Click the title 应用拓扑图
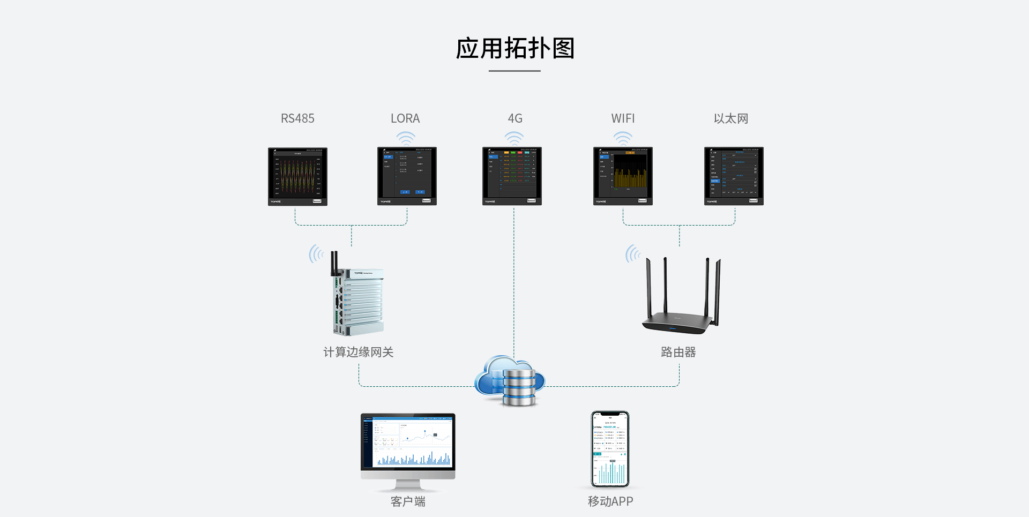pyautogui.click(x=514, y=48)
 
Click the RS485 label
pyautogui.click(x=297, y=118)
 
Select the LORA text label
pyautogui.click(x=405, y=118)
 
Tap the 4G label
pyautogui.click(x=514, y=118)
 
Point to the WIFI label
pyautogui.click(x=623, y=118)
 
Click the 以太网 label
pyautogui.click(x=730, y=118)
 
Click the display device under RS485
pyautogui.click(x=297, y=176)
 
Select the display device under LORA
pyautogui.click(x=407, y=176)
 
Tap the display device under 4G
pyautogui.click(x=512, y=176)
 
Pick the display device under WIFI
pyautogui.click(x=623, y=176)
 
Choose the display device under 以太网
pyautogui.click(x=734, y=176)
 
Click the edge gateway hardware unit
pyautogui.click(x=358, y=300)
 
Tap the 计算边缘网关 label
pyautogui.click(x=358, y=352)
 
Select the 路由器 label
pyautogui.click(x=678, y=352)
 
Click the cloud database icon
pyautogui.click(x=510, y=380)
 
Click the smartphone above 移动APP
pyautogui.click(x=610, y=449)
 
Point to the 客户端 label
pyautogui.click(x=408, y=501)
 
